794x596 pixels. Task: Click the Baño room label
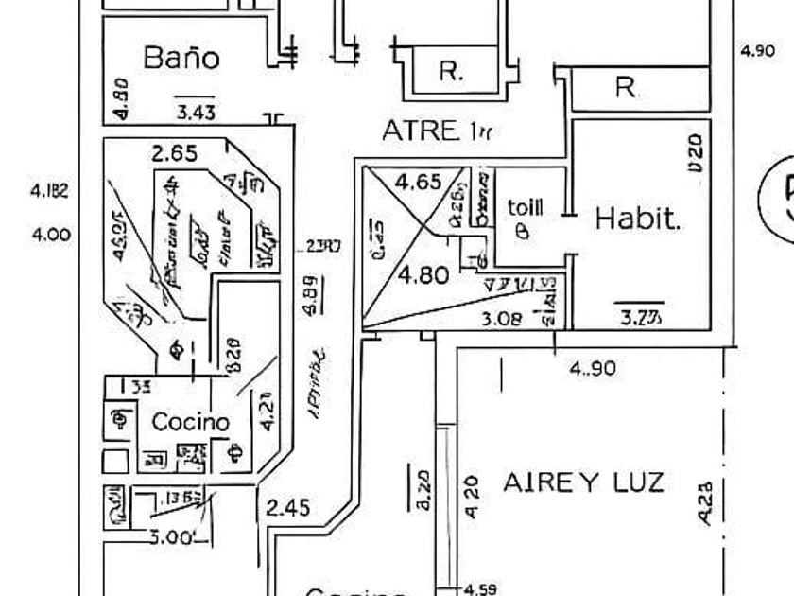coord(181,58)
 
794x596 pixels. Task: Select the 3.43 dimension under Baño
coord(196,113)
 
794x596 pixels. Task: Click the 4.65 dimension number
coord(418,182)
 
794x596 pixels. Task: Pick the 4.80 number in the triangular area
coord(423,276)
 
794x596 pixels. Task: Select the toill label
coord(526,207)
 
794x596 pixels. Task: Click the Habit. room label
coord(638,219)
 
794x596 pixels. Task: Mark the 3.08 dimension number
coord(501,319)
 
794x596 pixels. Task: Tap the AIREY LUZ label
coord(583,482)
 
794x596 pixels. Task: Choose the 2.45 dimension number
coord(288,508)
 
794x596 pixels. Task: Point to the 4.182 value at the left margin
coord(50,190)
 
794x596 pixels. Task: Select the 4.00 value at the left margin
coord(51,234)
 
